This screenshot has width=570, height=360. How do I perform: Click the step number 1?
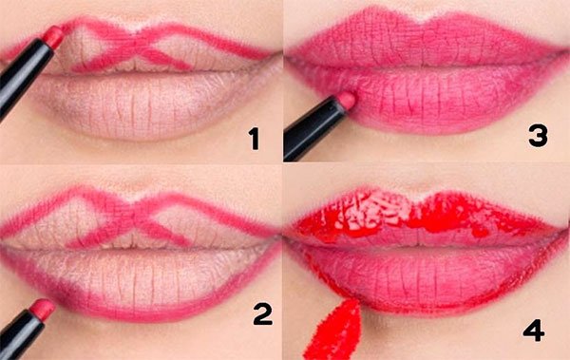tap(254, 139)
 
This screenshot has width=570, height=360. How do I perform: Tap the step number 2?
tap(262, 314)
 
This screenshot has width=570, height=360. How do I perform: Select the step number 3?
tap(538, 136)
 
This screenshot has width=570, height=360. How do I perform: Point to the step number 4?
tap(534, 331)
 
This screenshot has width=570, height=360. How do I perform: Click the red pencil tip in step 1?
tap(54, 36)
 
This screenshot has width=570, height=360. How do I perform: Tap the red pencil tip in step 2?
tap(42, 310)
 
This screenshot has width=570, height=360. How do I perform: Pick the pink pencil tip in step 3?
tap(346, 100)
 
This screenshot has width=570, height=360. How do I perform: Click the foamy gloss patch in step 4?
tap(374, 209)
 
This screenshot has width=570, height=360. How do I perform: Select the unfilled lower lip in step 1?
tap(145, 105)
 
